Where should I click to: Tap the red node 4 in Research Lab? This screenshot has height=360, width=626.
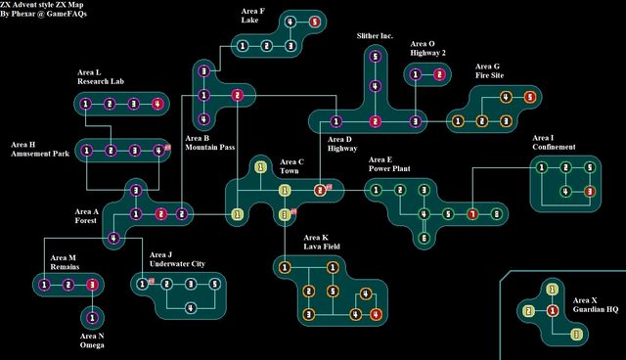coord(156,104)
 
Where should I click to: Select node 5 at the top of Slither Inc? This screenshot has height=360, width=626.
coord(375,56)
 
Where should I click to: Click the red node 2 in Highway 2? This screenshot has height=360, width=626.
coord(439,74)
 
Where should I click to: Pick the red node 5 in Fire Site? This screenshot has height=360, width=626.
coord(529,97)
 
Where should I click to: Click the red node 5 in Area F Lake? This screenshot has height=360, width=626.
coord(313,22)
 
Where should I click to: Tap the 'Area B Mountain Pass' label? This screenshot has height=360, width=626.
coord(209,143)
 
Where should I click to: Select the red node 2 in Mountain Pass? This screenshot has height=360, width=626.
coord(237,95)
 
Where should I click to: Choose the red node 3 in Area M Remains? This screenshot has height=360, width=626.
coord(92,285)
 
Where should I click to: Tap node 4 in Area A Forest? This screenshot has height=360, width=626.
coord(113,238)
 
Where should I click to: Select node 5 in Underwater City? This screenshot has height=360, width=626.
coord(214,285)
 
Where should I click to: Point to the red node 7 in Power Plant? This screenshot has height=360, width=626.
coord(471,213)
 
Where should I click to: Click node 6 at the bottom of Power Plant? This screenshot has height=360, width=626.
coord(424,237)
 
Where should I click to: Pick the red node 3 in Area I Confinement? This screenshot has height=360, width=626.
coord(589,191)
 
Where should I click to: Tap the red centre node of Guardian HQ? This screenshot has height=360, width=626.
coord(552,311)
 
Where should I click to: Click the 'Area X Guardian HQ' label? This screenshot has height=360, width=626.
coord(595,304)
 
